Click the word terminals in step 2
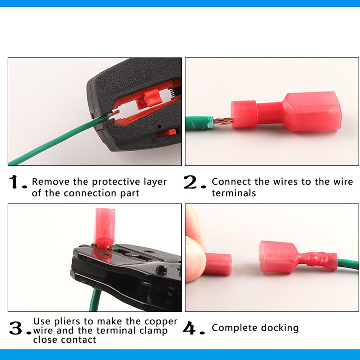(234, 193)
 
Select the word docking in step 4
(281, 328)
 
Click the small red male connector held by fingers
(218, 264)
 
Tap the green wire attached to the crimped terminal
(347, 264)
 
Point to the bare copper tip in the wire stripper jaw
(114, 113)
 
